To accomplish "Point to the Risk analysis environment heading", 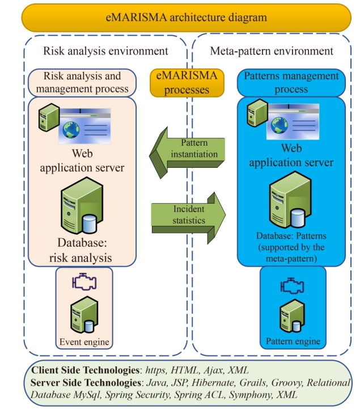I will [105, 51].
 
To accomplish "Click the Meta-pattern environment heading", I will [272, 51].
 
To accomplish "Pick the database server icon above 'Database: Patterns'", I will [289, 201].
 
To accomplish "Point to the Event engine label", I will [84, 341].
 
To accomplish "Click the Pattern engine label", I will [293, 341].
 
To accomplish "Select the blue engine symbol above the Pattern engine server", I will [293, 285].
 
